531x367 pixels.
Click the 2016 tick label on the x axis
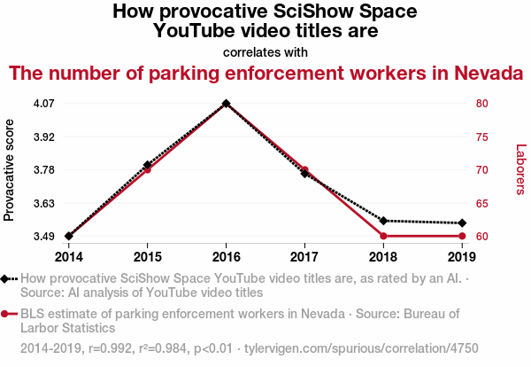tap(226, 257)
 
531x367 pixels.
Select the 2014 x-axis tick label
tap(68, 257)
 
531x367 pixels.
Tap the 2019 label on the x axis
tap(462, 257)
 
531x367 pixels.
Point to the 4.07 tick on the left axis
tap(43, 104)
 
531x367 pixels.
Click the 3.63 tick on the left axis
tap(43, 204)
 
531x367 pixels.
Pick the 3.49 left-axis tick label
tap(43, 237)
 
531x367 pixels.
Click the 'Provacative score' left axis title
tap(10, 170)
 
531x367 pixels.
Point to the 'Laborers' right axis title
tap(520, 170)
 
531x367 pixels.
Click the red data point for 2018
tap(383, 236)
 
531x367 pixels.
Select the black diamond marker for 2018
tap(383, 220)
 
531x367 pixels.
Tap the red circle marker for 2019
tap(462, 236)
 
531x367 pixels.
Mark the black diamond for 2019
tap(462, 223)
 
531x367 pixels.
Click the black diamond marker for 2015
tap(147, 165)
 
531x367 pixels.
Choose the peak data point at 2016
tap(226, 104)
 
